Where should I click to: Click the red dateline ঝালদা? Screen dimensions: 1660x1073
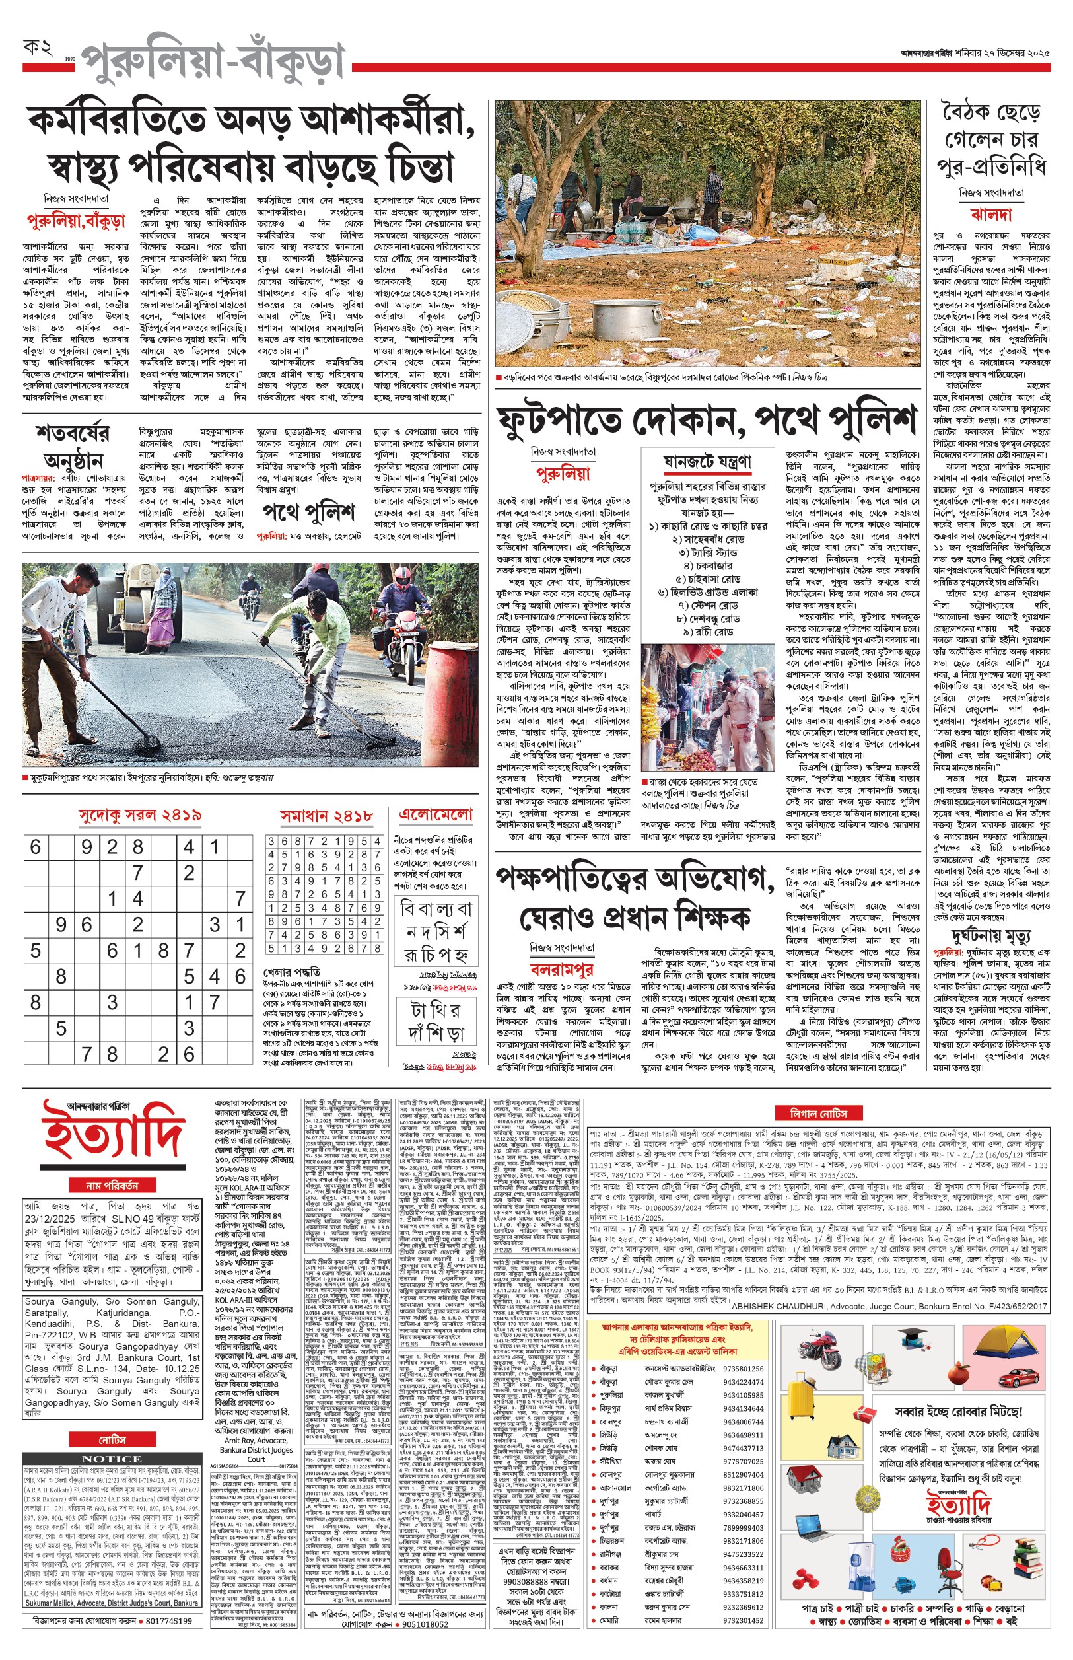990,213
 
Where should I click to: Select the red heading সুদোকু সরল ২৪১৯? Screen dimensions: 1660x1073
139,814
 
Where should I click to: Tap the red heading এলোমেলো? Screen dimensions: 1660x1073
435,814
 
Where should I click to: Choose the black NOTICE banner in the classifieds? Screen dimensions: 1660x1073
112,1459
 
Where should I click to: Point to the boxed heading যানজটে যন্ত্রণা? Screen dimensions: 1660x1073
707,461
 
